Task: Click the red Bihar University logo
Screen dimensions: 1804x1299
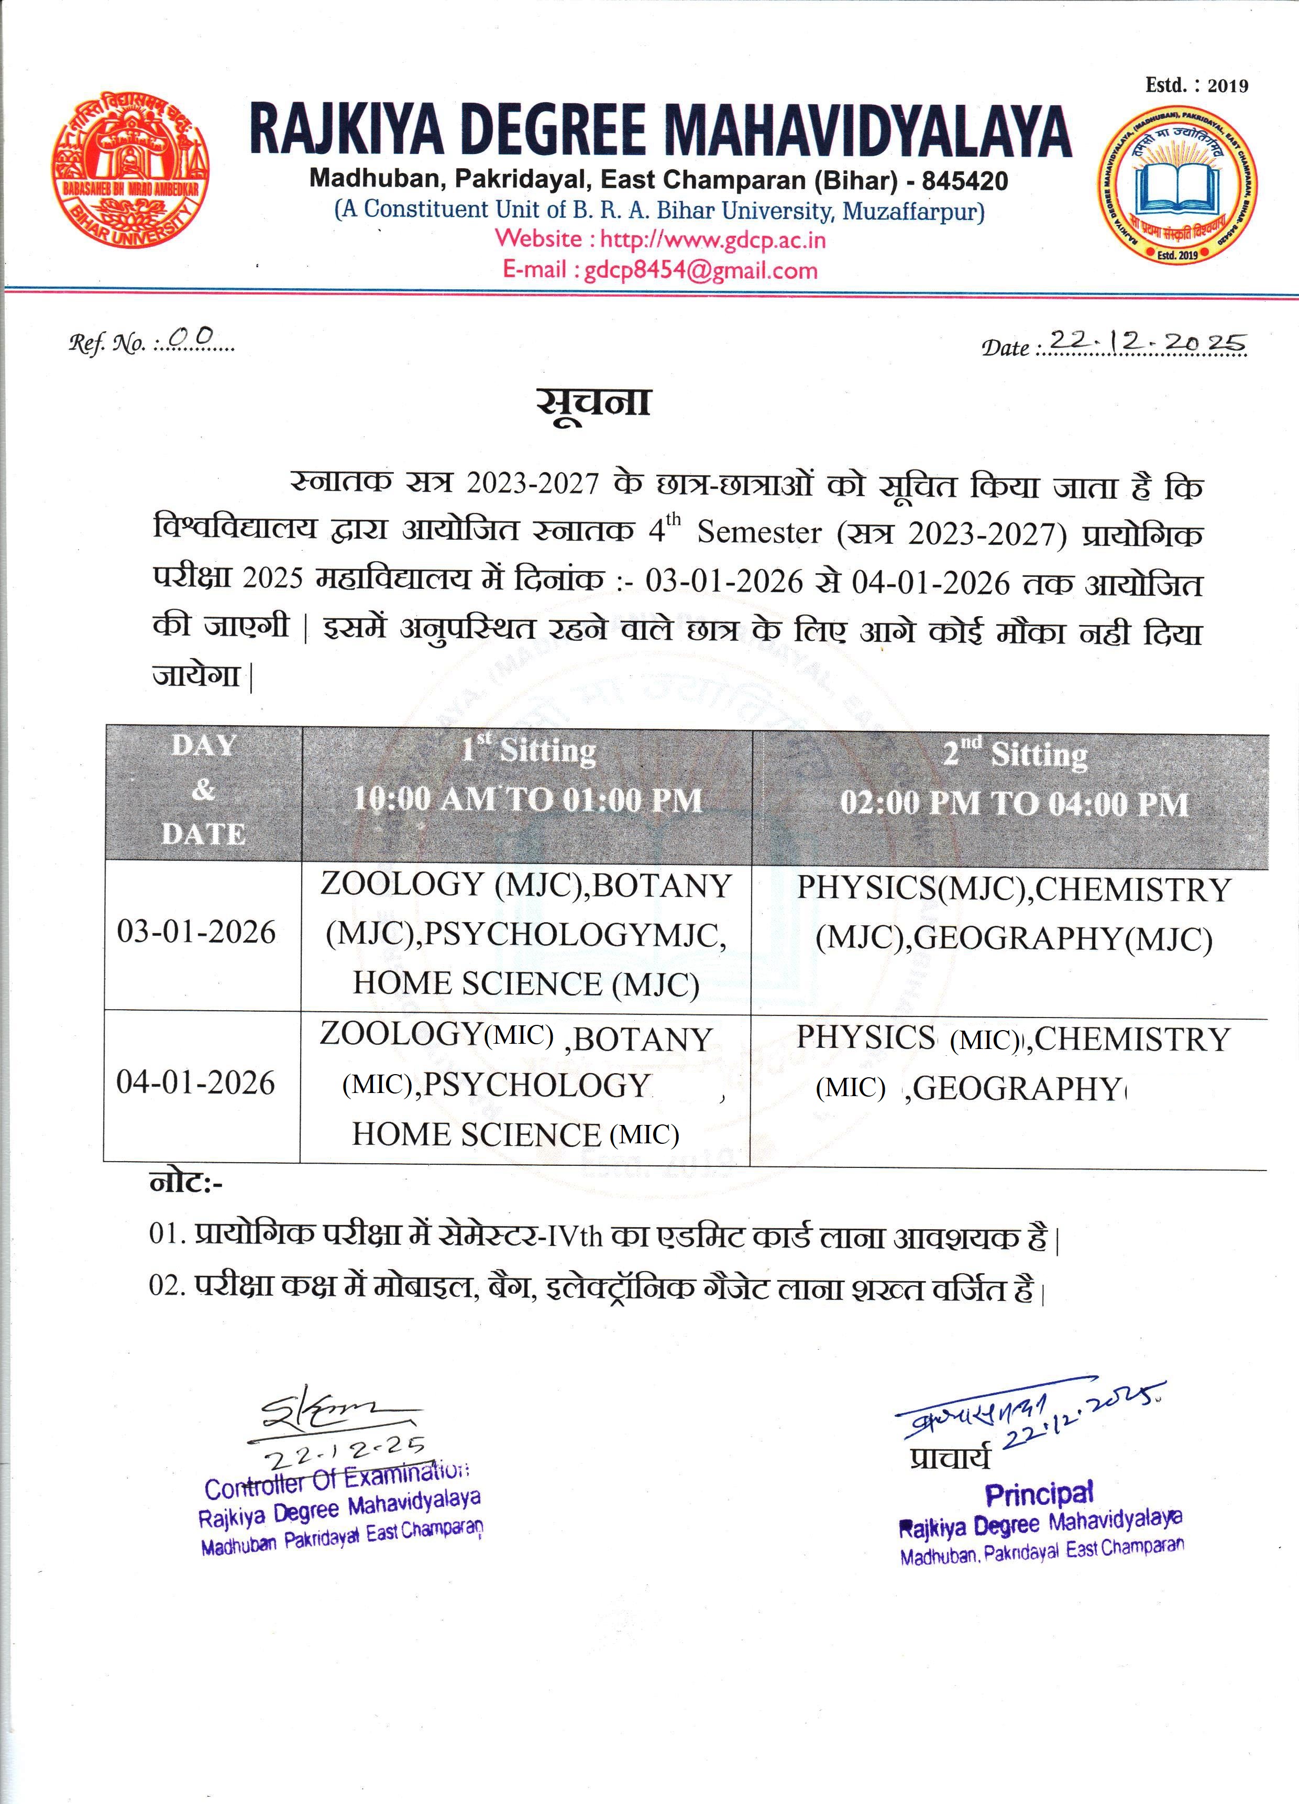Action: coord(131,173)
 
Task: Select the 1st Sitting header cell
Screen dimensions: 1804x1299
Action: coord(527,775)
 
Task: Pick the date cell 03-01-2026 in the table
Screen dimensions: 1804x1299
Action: coord(196,932)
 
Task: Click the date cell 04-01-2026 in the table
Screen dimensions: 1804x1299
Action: coord(195,1083)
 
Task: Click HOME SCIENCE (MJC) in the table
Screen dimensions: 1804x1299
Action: coord(525,984)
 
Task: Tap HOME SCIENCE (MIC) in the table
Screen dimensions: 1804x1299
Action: coord(515,1133)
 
